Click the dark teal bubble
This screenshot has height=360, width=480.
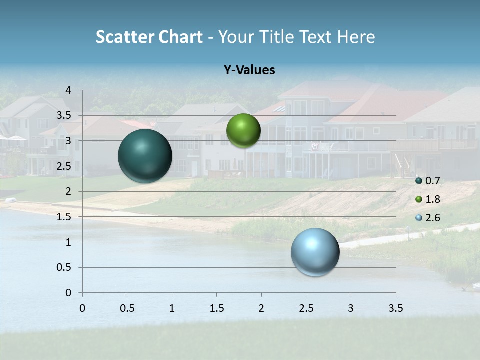tap(145, 156)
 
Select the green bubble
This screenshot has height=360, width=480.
tap(243, 131)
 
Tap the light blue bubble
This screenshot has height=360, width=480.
tap(315, 252)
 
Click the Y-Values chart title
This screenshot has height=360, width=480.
tap(249, 70)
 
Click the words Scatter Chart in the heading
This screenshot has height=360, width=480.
tap(149, 37)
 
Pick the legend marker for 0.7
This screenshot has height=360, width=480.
tap(419, 181)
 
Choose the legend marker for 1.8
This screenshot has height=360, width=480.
tap(419, 199)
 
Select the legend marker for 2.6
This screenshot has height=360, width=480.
tap(419, 218)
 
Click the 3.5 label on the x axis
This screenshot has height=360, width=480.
tap(395, 308)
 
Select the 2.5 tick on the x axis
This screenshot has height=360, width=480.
tap(306, 308)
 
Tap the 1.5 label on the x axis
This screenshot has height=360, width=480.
tap(216, 308)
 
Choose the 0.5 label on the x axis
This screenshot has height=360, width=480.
tap(127, 308)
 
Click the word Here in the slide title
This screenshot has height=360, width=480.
tap(356, 37)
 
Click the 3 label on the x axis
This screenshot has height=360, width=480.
tap(351, 308)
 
